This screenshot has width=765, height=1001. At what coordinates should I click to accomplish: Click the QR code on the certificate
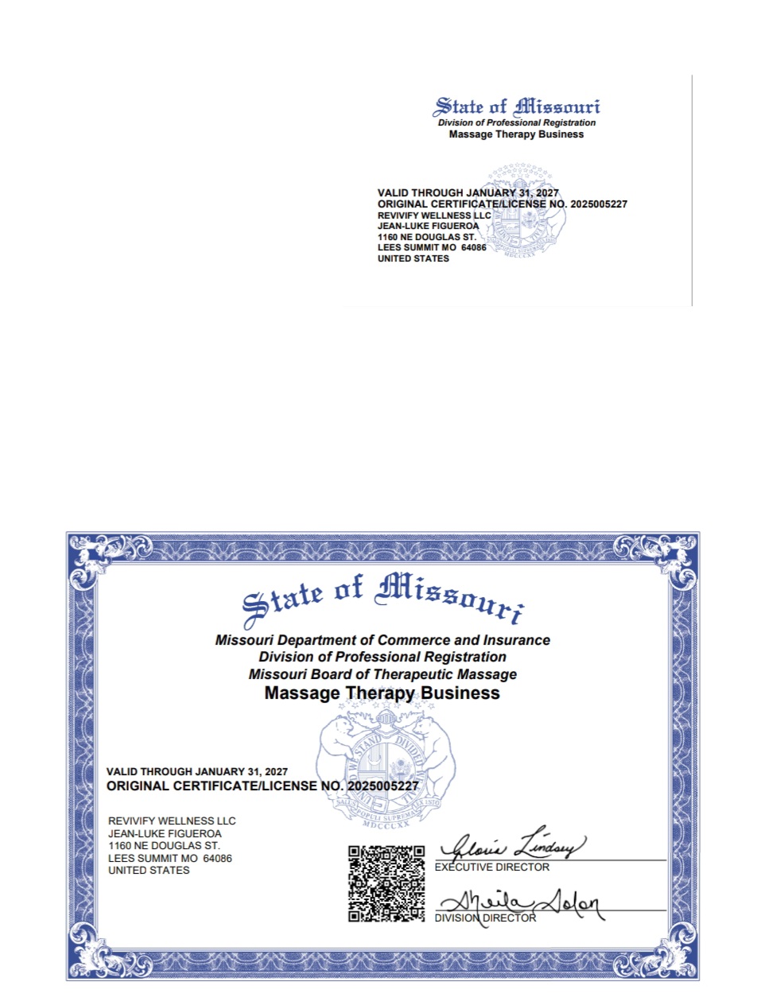point(386,883)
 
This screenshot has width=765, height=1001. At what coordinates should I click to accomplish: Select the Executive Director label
point(491,867)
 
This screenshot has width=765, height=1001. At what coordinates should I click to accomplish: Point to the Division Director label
point(485,918)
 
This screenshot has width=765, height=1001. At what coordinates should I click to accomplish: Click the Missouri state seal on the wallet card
point(526,211)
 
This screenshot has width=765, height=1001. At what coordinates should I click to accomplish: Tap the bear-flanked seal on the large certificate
point(386,767)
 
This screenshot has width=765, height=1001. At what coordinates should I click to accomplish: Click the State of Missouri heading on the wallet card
point(516,107)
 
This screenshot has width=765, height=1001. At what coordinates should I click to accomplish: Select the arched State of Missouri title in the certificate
point(383,599)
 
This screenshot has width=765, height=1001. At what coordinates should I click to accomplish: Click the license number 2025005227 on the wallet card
point(599,204)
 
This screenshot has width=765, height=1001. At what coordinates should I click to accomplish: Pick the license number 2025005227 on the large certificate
point(382,786)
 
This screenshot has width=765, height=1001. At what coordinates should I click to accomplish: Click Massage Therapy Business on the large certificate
point(382,693)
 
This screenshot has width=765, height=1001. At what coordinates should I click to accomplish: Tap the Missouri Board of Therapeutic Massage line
point(382,674)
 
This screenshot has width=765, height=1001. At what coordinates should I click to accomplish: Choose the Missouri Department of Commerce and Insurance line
point(382,640)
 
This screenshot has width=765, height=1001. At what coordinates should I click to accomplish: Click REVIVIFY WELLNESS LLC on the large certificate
point(172,821)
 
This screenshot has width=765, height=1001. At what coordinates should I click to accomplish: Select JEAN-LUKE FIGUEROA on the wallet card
point(428,226)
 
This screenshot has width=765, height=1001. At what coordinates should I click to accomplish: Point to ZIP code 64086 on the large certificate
point(217,859)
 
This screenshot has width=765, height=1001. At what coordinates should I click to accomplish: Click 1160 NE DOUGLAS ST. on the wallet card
point(426,237)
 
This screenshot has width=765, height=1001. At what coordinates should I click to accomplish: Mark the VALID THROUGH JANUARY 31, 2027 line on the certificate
point(196,772)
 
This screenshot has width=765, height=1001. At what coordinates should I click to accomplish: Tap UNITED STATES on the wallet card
point(413,258)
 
